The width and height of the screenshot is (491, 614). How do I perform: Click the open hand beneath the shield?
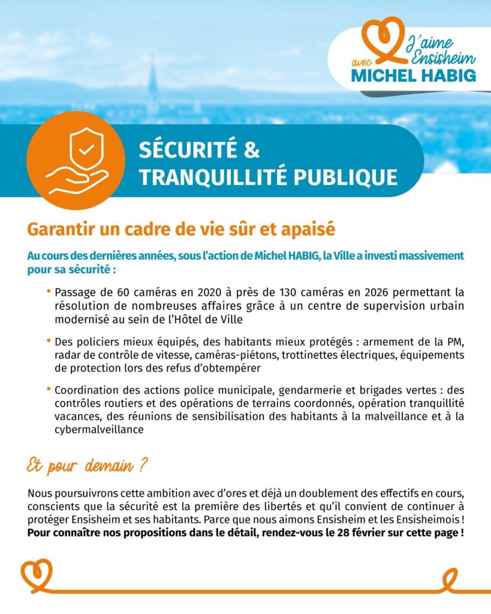click(x=78, y=179)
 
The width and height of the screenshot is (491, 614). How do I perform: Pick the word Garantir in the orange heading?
click(x=56, y=230)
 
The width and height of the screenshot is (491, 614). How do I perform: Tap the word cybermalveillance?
click(x=98, y=430)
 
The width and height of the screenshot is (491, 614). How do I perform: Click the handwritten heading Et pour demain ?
click(x=88, y=465)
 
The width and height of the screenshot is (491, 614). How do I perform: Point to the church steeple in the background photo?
click(x=153, y=81)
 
